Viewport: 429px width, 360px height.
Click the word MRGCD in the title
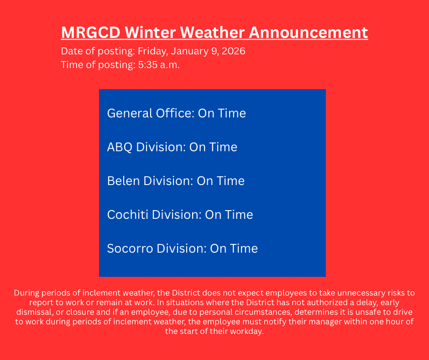[x=90, y=32]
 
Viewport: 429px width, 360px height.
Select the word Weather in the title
[x=212, y=32]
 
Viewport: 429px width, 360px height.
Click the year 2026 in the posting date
[x=233, y=51]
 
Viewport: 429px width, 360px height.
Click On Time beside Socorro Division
[x=234, y=249]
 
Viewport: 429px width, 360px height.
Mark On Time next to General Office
[x=222, y=113]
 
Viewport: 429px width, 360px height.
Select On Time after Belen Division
[x=220, y=181]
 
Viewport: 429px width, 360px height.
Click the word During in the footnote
[x=26, y=293]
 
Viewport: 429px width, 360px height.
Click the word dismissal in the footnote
[x=35, y=312]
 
